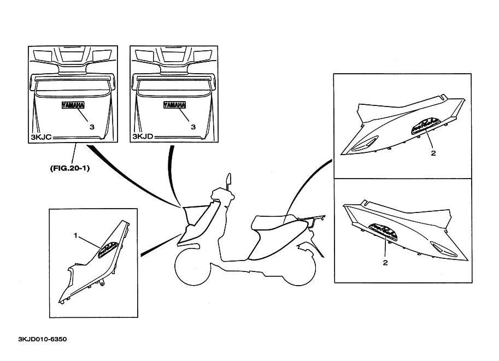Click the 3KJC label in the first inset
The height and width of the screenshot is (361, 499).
pos(40,137)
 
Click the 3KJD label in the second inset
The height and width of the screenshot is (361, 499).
pos(143,137)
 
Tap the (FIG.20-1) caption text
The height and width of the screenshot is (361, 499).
pos(69,168)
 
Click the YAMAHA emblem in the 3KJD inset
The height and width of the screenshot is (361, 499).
pos(175,105)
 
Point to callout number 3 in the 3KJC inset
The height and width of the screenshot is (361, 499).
pos(92,126)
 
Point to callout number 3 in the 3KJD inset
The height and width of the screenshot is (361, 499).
pos(192,126)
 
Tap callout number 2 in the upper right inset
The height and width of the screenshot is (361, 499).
pos(433,153)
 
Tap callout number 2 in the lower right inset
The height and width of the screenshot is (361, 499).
pos(385,263)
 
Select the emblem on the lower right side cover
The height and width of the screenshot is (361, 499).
pos(382,230)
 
